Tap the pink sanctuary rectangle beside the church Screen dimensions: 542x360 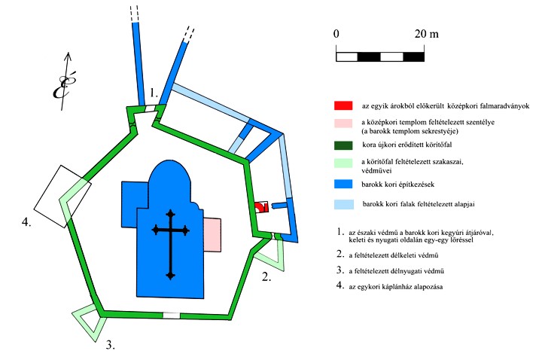tap(212, 235)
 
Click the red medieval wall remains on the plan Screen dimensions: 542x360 tap(261, 207)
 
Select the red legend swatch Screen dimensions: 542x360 tap(343, 105)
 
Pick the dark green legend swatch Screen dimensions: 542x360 tap(343, 145)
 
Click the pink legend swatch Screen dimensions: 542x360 tap(343, 124)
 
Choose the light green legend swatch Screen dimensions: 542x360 tap(343, 163)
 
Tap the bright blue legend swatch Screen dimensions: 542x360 tap(343, 184)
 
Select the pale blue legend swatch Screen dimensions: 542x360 tap(344, 204)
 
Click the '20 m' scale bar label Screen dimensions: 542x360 tap(427, 34)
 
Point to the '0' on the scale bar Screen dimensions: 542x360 tap(336, 34)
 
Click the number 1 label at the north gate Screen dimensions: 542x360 tap(154, 93)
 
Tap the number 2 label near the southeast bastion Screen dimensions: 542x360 tap(266, 276)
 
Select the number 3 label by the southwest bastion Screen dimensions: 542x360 tap(110, 345)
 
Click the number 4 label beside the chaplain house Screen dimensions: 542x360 tap(26, 221)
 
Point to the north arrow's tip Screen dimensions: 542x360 tap(69, 53)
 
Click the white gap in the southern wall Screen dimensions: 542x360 tap(172, 316)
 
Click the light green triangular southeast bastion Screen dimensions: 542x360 tap(272, 255)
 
